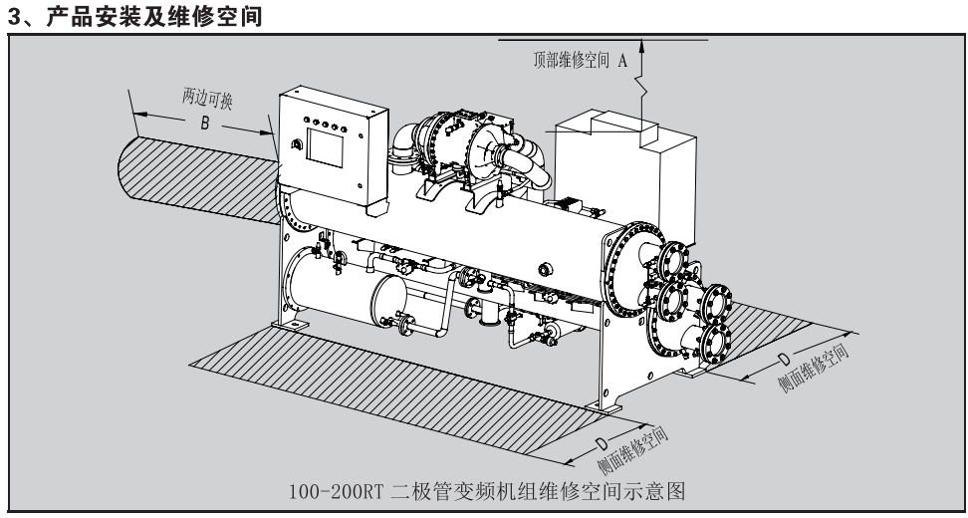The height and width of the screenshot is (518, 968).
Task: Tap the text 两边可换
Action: click(x=209, y=102)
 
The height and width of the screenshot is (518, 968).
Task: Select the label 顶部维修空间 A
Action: click(x=577, y=59)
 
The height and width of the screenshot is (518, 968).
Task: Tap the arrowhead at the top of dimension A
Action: click(x=643, y=44)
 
